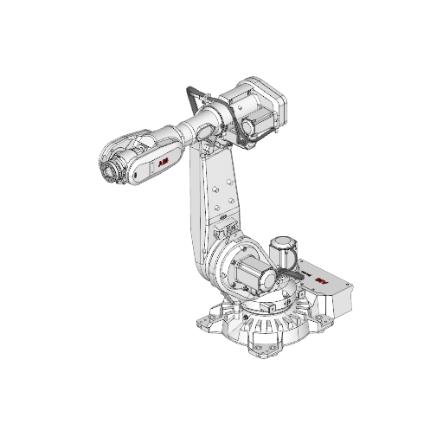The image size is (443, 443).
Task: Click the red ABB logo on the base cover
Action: [322, 283]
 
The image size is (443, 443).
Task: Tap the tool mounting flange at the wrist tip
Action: [107, 170]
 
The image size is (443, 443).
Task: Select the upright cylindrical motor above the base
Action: [283, 252]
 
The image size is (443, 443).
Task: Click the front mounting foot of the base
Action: [261, 347]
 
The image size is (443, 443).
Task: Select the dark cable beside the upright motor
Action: [286, 278]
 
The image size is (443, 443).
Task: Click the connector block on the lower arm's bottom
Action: [223, 234]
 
